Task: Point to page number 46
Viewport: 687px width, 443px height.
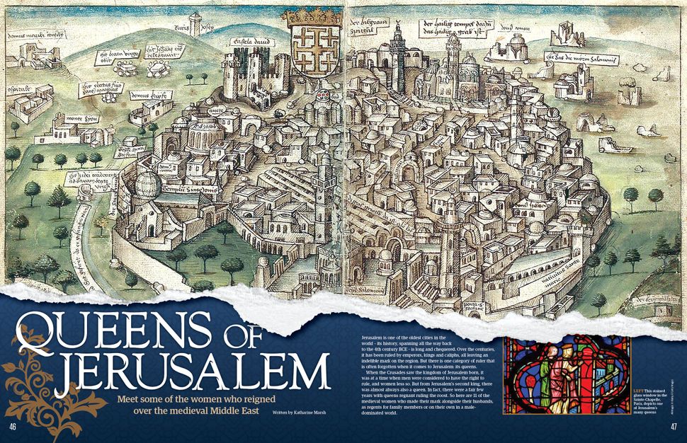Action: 13,427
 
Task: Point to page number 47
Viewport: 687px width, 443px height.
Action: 674,427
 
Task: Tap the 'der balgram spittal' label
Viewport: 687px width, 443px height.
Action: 369,30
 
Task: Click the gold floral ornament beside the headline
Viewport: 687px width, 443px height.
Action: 39,382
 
